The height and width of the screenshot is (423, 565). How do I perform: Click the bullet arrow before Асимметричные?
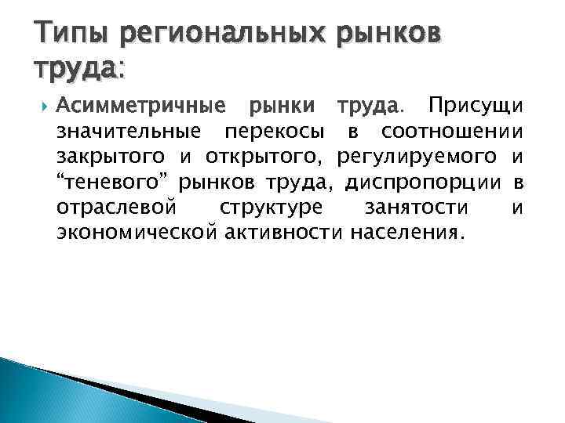40,105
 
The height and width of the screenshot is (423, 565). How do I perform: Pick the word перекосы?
272,131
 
